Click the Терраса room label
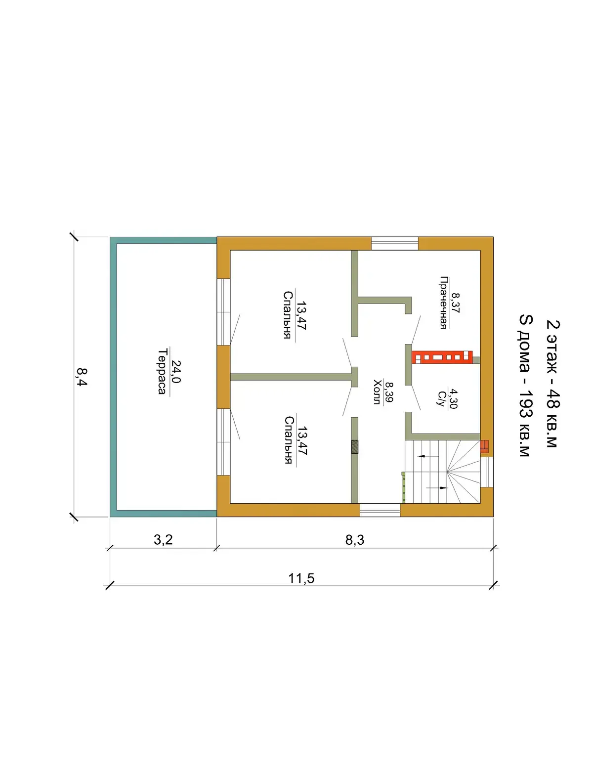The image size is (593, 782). (x=162, y=372)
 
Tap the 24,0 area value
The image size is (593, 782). (x=176, y=372)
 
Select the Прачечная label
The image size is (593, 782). (x=443, y=303)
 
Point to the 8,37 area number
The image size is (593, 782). (x=455, y=303)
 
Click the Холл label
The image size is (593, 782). (x=377, y=392)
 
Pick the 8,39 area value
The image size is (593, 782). (x=389, y=392)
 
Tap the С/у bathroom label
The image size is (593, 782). (x=441, y=398)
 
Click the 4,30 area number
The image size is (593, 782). (x=453, y=398)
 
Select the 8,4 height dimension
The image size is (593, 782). (x=82, y=377)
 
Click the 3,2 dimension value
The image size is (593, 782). (x=163, y=540)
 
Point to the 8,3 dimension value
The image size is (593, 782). (x=355, y=540)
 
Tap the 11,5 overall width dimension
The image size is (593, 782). (x=301, y=578)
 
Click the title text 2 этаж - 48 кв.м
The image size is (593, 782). (x=553, y=384)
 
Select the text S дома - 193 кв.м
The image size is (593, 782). (x=526, y=385)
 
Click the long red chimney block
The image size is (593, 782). (x=442, y=357)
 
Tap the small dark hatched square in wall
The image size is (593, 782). (x=354, y=447)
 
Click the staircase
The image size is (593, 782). (x=442, y=472)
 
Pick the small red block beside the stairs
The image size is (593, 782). (x=484, y=447)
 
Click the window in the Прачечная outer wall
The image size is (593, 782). (x=395, y=243)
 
